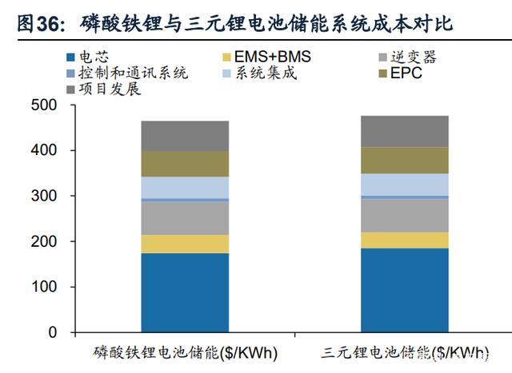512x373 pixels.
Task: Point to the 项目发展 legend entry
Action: [104, 89]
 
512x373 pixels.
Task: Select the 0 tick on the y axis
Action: [52, 332]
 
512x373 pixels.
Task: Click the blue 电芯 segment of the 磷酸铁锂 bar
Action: [185, 292]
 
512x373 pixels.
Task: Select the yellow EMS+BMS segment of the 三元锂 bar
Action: [404, 240]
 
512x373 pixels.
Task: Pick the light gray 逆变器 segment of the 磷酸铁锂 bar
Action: [185, 217]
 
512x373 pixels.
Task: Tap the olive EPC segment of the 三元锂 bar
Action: [404, 161]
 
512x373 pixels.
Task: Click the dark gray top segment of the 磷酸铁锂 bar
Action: [185, 136]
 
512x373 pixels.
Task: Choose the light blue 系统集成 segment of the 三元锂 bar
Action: [404, 185]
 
